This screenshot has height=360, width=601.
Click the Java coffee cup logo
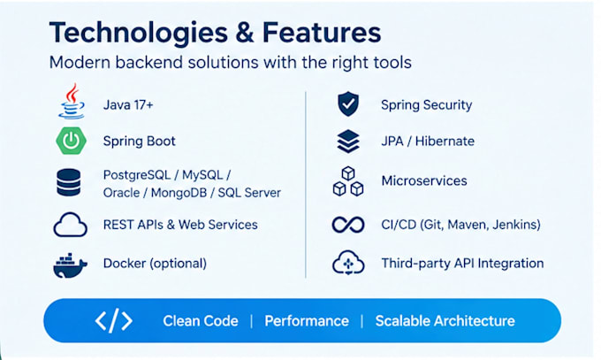coord(72,101)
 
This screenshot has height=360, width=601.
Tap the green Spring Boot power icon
coord(71,141)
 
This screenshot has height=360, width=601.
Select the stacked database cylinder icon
coord(69,183)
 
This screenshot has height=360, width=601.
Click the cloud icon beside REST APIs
coord(70,225)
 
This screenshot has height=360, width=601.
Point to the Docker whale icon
coord(70,265)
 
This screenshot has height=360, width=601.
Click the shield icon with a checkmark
coord(348,103)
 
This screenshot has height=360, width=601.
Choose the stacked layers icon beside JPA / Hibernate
coord(348,142)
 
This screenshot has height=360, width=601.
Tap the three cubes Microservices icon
coord(348,181)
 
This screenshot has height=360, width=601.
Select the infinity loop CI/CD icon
coord(348,225)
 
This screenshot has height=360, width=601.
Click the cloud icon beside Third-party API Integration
coord(348,263)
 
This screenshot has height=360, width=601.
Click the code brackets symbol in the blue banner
coord(114,320)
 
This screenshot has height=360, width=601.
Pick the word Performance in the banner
coord(307,321)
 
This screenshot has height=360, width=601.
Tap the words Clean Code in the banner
coord(201,321)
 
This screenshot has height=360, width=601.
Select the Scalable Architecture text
coord(445,321)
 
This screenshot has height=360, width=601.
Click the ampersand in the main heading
coord(245,33)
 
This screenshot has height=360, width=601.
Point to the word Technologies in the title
coord(139,34)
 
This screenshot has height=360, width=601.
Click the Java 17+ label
coord(128,104)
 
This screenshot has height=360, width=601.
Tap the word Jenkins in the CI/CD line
coord(516,225)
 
